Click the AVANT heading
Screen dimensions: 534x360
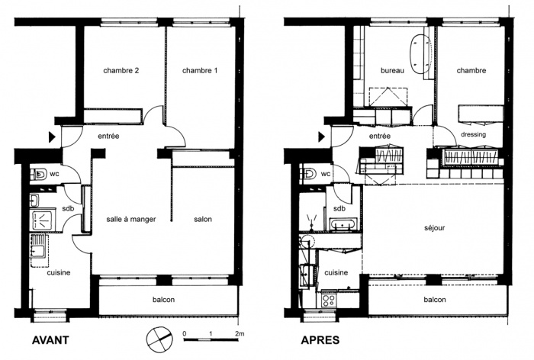tap(50, 340)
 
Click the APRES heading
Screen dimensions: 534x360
tap(320, 340)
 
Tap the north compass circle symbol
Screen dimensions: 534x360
tap(159, 339)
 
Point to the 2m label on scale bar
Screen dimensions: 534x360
tap(240, 334)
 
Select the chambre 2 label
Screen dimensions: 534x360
tap(121, 70)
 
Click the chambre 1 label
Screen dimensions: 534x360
tap(200, 70)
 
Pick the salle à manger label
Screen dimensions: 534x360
tap(131, 220)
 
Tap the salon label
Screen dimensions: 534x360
tap(203, 220)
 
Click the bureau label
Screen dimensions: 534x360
tap(392, 70)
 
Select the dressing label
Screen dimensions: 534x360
tap(474, 134)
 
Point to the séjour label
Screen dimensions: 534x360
tap(435, 228)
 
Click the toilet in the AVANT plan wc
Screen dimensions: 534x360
tap(38, 175)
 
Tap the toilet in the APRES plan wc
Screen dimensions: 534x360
tap(309, 175)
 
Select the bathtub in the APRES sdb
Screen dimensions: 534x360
tap(343, 225)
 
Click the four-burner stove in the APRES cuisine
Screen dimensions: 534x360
tap(329, 301)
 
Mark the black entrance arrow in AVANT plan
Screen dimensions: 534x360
tap(52, 137)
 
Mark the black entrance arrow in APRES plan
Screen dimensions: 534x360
tap(321, 137)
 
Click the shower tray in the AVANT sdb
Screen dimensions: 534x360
tap(42, 220)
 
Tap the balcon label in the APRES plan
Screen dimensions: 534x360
tap(435, 300)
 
